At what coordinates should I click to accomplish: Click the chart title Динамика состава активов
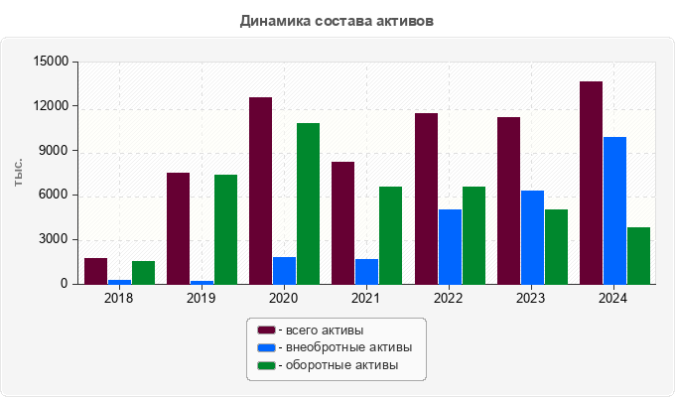(337, 21)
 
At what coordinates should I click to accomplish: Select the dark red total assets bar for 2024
(591, 183)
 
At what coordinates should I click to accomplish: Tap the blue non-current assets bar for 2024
(614, 210)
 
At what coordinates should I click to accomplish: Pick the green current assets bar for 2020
(308, 203)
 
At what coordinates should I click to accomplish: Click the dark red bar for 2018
(96, 271)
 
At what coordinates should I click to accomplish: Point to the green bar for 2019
(225, 229)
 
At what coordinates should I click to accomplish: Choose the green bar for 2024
(638, 255)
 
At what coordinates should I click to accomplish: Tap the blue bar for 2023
(532, 237)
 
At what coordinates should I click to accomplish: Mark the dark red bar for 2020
(260, 191)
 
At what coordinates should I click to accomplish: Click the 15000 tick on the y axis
(51, 62)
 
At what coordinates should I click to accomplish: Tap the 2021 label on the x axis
(366, 298)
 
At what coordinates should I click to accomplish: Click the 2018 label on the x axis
(119, 298)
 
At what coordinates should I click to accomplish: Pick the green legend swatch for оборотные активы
(266, 365)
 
